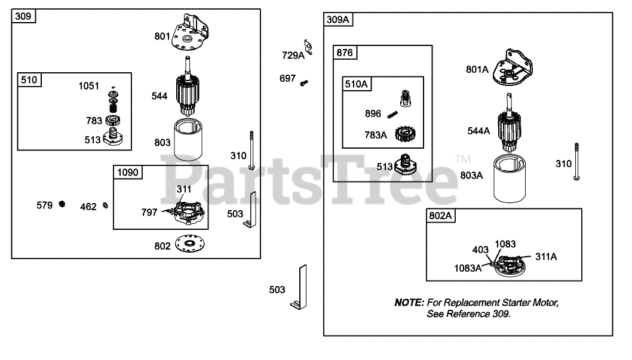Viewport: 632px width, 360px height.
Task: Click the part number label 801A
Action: coord(477,69)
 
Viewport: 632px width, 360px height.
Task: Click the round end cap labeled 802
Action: coord(190,245)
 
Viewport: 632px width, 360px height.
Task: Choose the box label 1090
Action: coord(127,173)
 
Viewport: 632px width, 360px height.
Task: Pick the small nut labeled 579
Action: coord(62,205)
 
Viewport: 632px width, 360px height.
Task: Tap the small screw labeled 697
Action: coord(303,82)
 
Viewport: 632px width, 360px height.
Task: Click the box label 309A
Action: coord(338,20)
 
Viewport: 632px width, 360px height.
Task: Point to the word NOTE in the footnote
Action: coord(409,303)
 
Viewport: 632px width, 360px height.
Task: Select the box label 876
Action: coord(345,53)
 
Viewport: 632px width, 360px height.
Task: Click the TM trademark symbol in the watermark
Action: coord(462,159)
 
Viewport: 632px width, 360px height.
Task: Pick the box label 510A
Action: coord(356,84)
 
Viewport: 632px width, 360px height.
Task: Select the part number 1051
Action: coord(89,86)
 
